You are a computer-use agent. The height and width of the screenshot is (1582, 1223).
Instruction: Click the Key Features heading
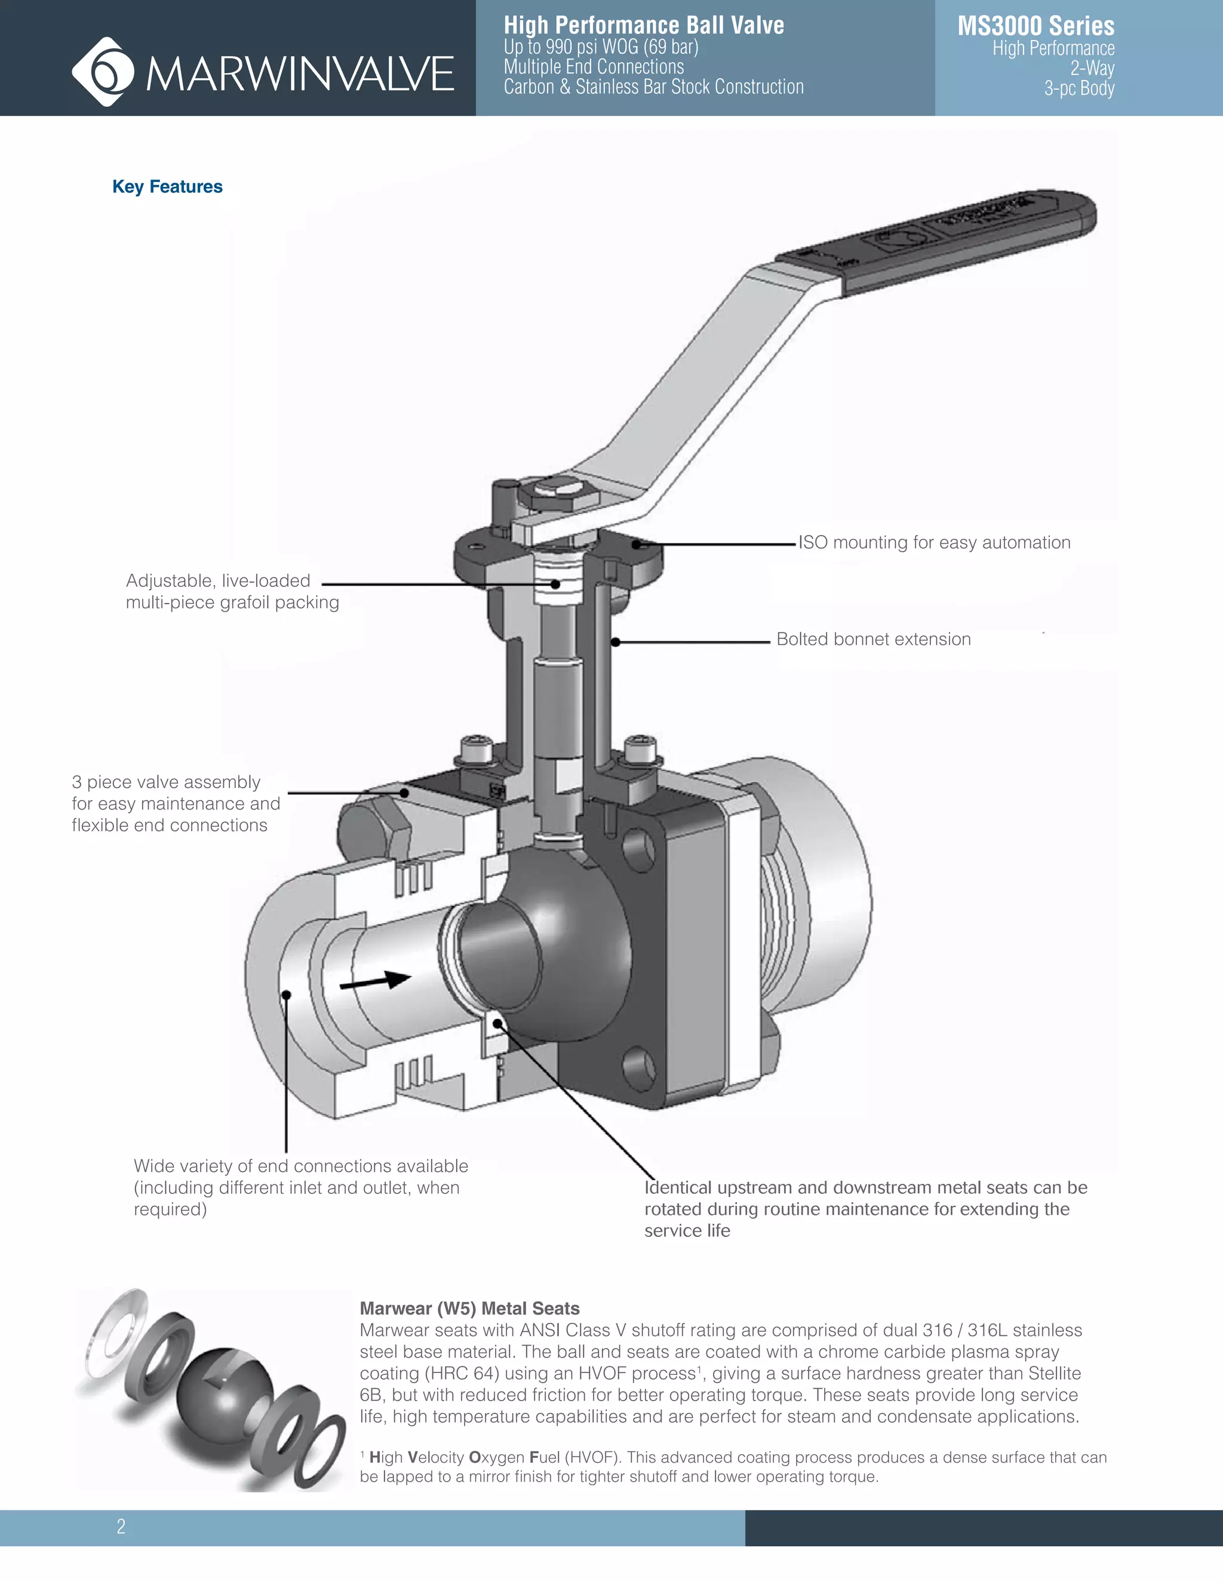(167, 187)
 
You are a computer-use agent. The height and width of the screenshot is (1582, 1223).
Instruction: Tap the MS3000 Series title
(1035, 26)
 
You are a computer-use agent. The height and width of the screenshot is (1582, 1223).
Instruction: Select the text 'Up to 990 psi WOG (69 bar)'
(601, 47)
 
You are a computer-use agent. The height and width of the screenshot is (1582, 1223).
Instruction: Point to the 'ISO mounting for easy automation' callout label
(934, 543)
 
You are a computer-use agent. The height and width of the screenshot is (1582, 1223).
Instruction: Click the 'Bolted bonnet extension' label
(873, 639)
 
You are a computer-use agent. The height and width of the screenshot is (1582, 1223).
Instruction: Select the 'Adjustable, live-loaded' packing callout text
(218, 581)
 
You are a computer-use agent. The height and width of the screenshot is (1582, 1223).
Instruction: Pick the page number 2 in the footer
(121, 1526)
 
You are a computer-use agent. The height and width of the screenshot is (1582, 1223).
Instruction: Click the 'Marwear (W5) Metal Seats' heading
(469, 1308)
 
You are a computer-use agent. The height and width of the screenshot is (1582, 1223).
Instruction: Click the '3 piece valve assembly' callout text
(166, 782)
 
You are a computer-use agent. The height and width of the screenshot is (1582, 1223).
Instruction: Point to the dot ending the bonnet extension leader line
(615, 642)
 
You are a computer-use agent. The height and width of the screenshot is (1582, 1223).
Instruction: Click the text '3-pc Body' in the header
(1079, 88)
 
